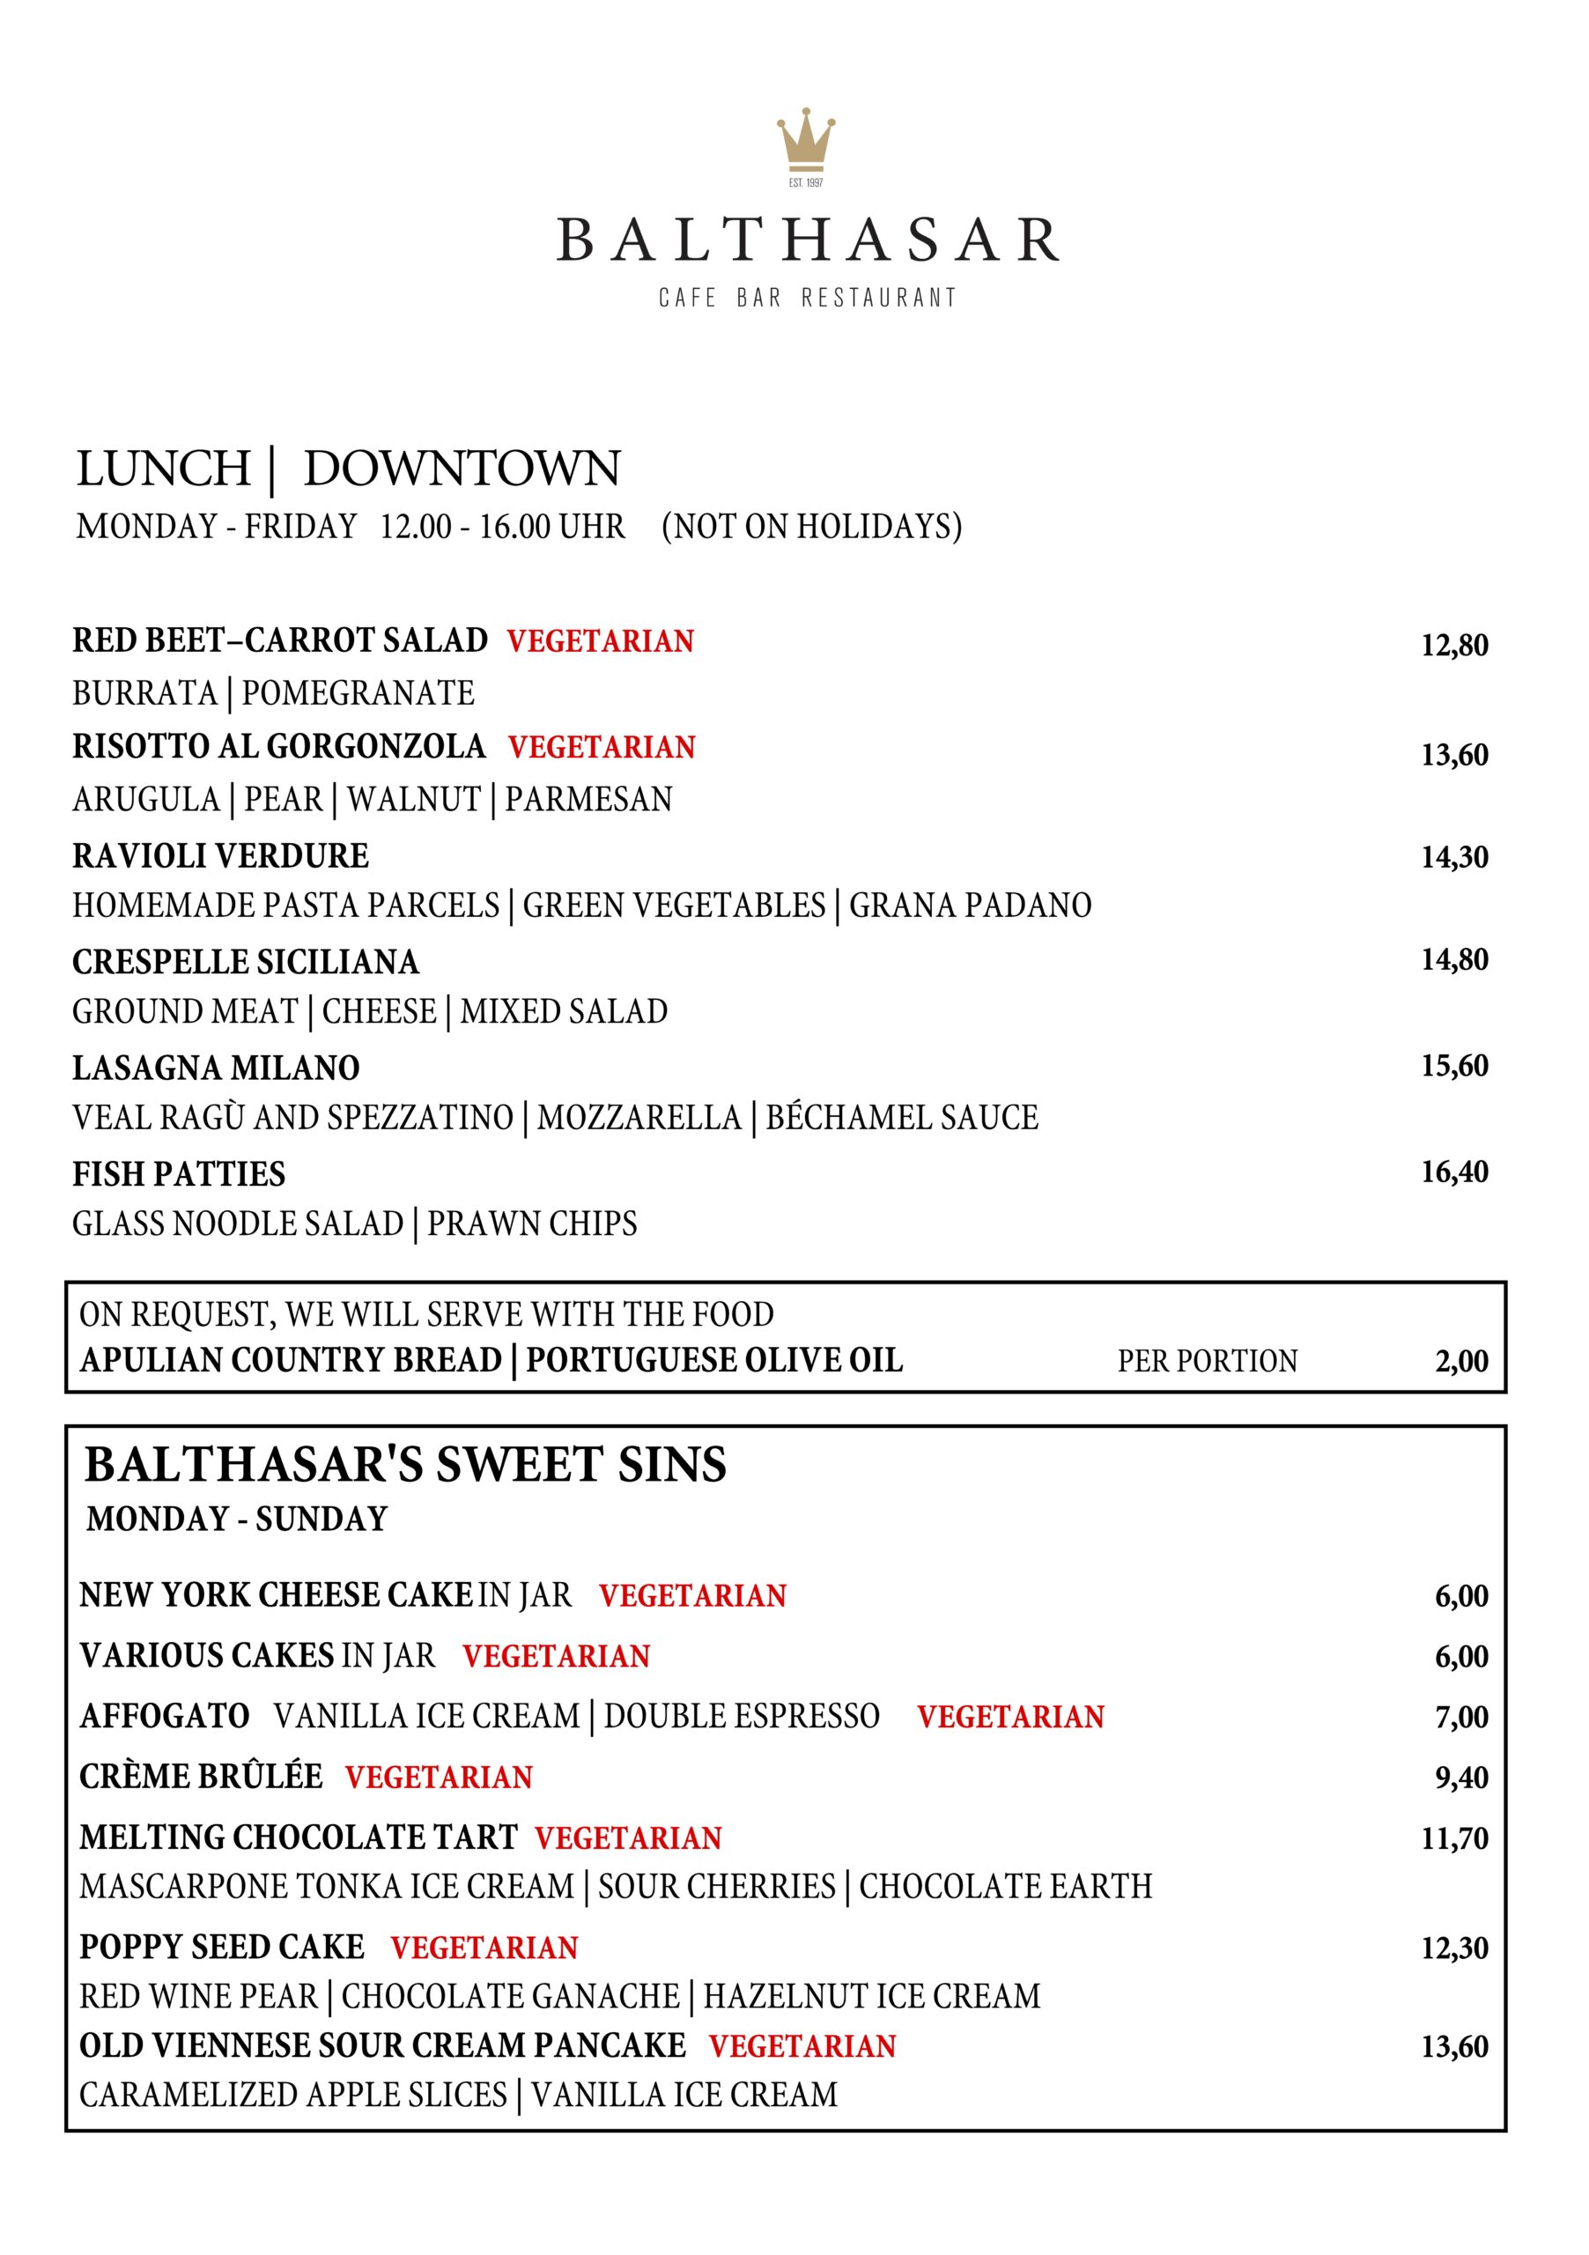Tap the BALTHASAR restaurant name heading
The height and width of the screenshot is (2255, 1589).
pos(807,240)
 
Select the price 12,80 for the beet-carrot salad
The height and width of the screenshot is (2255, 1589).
pos(1453,646)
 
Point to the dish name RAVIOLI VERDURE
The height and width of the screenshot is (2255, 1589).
pos(221,855)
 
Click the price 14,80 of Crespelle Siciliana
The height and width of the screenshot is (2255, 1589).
pos(1453,959)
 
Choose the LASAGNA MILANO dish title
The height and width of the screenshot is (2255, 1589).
pos(216,1068)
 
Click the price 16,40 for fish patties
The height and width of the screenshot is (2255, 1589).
pos(1453,1172)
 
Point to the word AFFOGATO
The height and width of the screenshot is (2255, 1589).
pos(165,1716)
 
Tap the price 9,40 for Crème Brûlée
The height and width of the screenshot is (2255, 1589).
pos(1461,1777)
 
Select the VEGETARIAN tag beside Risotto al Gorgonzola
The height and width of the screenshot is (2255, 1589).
pos(601,748)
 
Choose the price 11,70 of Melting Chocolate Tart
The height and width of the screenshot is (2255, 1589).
pos(1453,1837)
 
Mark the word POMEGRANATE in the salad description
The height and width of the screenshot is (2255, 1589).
pos(358,693)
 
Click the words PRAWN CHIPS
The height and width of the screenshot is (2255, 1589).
pos(532,1224)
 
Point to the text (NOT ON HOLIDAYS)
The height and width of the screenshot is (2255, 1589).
pos(811,527)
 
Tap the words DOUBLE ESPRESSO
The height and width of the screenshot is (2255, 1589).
pos(742,1716)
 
